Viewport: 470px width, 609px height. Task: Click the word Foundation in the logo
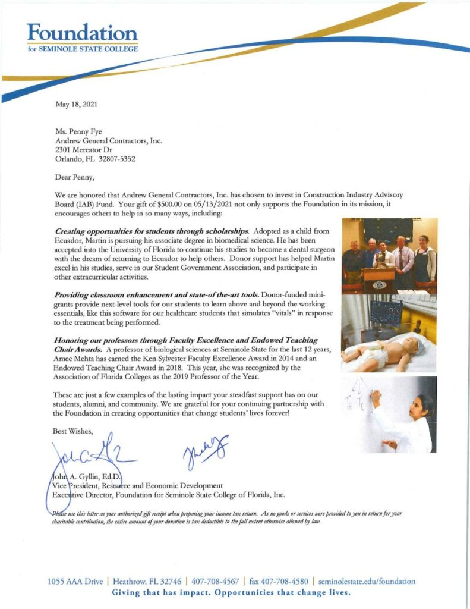click(83, 33)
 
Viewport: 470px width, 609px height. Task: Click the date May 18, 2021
click(77, 105)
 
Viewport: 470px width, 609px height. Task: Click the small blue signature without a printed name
click(205, 450)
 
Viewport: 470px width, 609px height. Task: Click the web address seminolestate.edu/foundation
click(367, 581)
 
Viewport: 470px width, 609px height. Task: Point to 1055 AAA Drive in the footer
click(75, 581)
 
